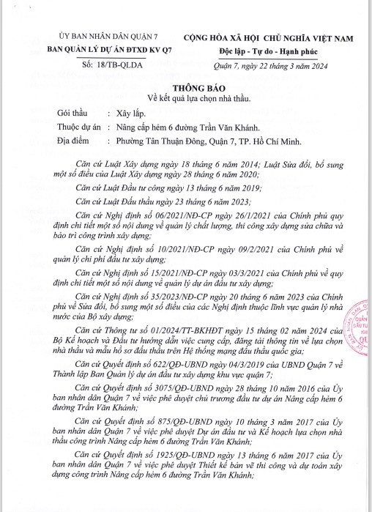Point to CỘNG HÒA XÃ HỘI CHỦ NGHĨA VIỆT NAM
pyautogui.click(x=278, y=37)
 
